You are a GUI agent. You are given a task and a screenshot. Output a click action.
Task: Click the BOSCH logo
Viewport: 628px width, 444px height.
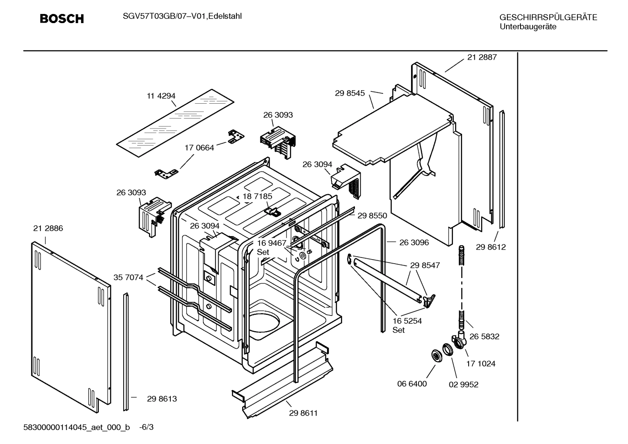[61, 19]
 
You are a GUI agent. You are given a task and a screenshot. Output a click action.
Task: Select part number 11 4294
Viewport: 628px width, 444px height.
[161, 96]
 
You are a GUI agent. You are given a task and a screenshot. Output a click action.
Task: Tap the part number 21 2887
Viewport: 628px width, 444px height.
[482, 57]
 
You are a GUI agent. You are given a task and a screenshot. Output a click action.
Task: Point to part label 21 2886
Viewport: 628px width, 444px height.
[48, 228]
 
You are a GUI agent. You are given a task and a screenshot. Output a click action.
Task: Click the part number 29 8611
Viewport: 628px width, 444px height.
[303, 413]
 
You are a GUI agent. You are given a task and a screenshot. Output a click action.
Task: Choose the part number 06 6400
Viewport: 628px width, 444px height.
[412, 384]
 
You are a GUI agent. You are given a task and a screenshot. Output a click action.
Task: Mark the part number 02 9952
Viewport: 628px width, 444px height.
[463, 385]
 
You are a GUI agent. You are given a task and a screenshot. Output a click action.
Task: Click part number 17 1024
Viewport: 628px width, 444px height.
[481, 363]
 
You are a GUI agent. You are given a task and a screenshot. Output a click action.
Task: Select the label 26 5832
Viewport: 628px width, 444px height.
[484, 336]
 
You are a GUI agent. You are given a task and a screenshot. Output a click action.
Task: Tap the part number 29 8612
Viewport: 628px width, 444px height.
[491, 247]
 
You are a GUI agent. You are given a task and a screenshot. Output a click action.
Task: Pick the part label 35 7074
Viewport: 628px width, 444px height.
[128, 277]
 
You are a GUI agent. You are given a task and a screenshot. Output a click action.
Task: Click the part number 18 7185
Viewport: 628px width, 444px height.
[257, 197]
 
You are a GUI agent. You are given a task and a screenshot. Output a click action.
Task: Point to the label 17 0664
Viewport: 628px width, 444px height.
[199, 148]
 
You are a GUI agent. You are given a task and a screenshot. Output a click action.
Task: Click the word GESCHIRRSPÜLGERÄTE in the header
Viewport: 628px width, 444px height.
[548, 17]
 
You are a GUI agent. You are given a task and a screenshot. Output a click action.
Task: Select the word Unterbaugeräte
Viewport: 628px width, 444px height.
[527, 27]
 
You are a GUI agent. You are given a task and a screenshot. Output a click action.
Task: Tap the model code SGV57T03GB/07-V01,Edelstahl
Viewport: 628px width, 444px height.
[179, 17]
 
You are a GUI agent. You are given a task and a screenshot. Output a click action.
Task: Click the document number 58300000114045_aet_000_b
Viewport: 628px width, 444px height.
[76, 427]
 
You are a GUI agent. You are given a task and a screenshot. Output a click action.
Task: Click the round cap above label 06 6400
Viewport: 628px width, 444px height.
[435, 355]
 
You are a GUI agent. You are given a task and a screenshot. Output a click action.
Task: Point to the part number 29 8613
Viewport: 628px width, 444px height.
[162, 399]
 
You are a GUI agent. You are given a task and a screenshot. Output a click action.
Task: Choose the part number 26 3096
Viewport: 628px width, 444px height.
[414, 242]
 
